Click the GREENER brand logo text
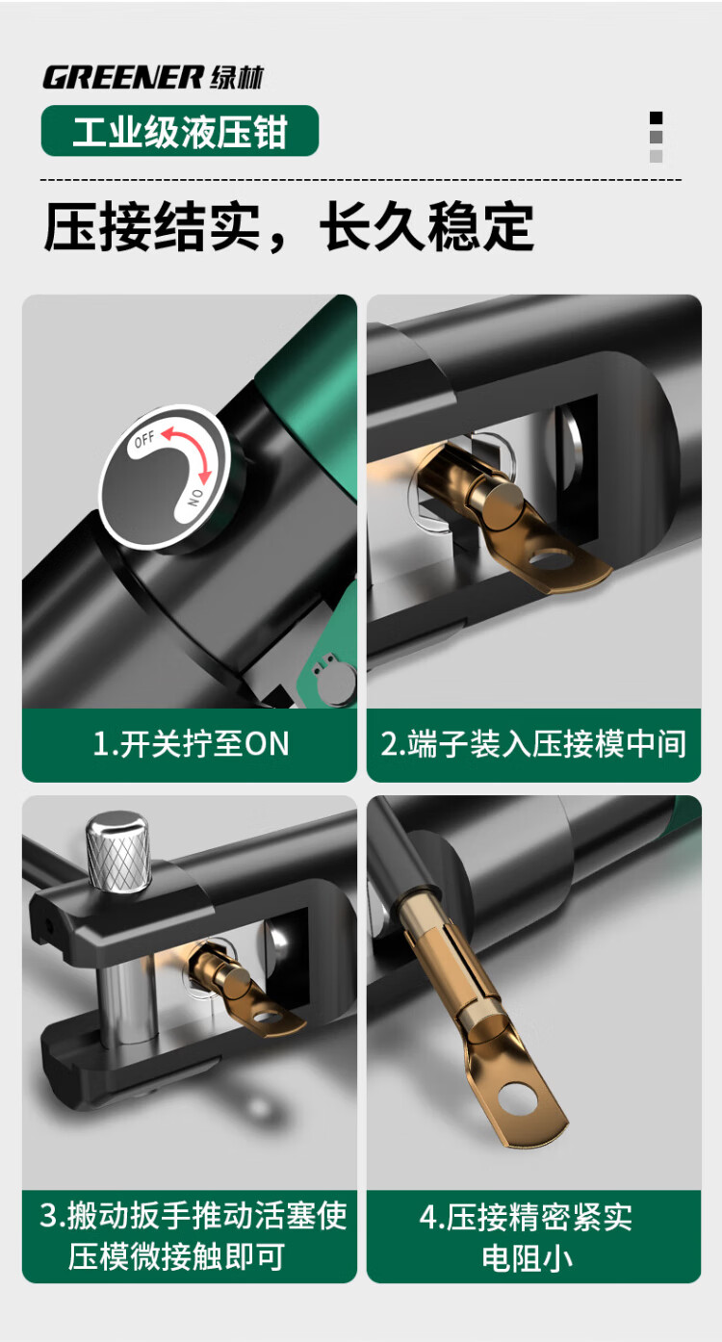point(123,78)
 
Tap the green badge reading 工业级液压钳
point(180,131)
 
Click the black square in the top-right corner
point(657,118)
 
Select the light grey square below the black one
point(657,156)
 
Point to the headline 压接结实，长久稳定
point(288,226)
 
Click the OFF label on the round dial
point(144,439)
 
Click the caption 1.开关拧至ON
point(191,743)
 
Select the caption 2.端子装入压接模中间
point(533,743)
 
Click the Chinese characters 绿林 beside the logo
point(236,78)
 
